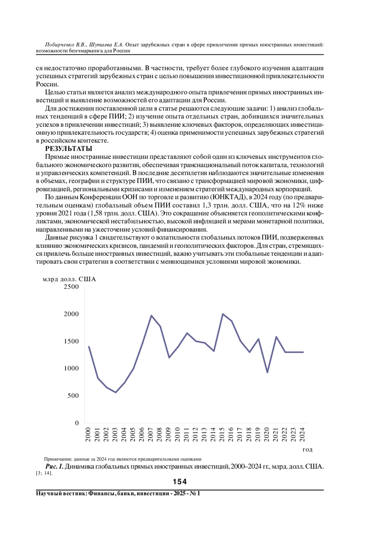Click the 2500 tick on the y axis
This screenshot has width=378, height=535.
pyautogui.click(x=71, y=287)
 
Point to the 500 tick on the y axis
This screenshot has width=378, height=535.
pyautogui.click(x=73, y=396)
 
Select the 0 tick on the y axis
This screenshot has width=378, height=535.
pyautogui.click(x=77, y=423)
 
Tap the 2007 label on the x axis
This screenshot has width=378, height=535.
pyautogui.click(x=151, y=434)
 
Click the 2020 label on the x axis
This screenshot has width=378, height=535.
pyautogui.click(x=267, y=434)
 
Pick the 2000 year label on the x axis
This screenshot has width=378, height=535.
pyautogui.click(x=88, y=434)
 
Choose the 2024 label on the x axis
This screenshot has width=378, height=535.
pyautogui.click(x=302, y=434)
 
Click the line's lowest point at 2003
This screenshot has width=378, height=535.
pyautogui.click(x=116, y=393)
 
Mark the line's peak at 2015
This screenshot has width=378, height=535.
pyautogui.click(x=223, y=314)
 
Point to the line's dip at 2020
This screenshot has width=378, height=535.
pyautogui.click(x=267, y=372)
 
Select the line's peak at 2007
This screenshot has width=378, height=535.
pyautogui.click(x=151, y=316)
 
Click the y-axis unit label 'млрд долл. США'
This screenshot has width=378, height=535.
pyautogui.click(x=69, y=279)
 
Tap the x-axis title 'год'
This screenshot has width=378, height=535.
pyautogui.click(x=307, y=450)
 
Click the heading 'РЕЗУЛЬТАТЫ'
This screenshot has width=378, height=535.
pyautogui.click(x=69, y=149)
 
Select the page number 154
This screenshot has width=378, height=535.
pyautogui.click(x=180, y=482)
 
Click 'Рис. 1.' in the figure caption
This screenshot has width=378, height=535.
pyautogui.click(x=54, y=467)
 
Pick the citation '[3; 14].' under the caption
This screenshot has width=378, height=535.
pyautogui.click(x=44, y=473)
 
